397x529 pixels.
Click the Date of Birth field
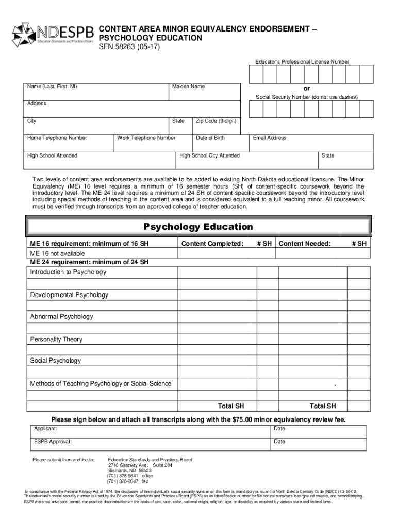tap(220, 144)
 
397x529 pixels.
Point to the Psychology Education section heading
tap(198, 227)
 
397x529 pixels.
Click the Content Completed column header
tap(212, 244)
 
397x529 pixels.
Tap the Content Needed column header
tap(305, 244)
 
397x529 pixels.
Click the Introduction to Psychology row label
tap(68, 272)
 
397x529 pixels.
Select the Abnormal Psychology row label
tap(61, 317)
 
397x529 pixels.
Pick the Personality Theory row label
tap(56, 340)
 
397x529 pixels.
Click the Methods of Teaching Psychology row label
tap(101, 384)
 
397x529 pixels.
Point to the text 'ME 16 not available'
tap(57, 254)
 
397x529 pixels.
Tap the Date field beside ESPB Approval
tap(318, 444)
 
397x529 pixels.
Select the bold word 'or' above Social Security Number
tap(307, 88)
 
